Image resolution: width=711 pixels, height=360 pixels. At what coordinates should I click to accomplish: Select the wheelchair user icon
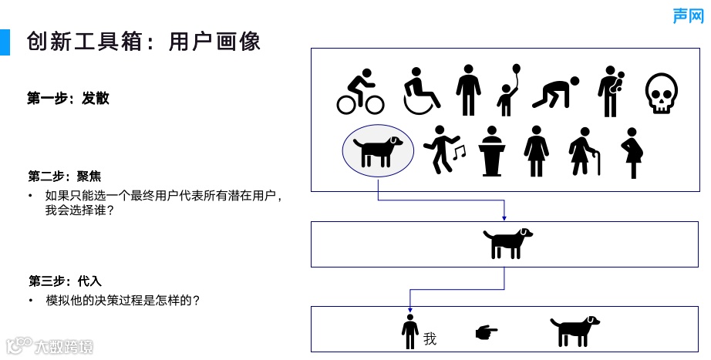point(421,89)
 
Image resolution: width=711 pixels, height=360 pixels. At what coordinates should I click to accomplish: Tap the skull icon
point(661,93)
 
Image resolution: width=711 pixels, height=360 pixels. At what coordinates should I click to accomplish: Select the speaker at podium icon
point(491,151)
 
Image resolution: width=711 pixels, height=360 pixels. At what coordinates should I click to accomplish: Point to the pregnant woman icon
point(633,153)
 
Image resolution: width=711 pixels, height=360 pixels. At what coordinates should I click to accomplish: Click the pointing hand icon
point(486,332)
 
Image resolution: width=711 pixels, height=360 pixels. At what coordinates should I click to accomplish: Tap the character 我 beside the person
point(430,338)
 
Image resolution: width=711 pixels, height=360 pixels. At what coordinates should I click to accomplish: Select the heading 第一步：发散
point(69,98)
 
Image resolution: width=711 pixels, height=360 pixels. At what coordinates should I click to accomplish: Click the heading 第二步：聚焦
point(65,176)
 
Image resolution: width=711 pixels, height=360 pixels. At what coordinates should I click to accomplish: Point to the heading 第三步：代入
point(65,281)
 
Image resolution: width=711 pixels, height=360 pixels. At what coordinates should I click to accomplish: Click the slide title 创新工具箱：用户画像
point(143,41)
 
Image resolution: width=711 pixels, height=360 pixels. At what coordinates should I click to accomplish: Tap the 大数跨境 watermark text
point(63,347)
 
